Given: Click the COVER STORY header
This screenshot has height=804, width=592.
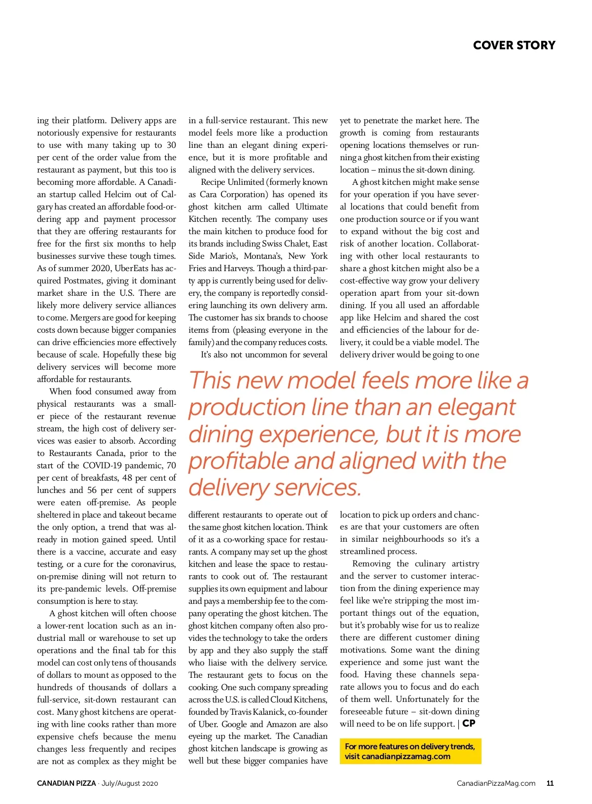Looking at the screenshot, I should (514, 45).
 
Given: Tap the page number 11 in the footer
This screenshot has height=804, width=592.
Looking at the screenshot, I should (550, 783).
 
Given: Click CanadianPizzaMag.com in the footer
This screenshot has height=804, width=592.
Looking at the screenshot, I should (496, 783).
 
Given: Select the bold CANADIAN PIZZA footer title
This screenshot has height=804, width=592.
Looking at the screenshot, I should (66, 783).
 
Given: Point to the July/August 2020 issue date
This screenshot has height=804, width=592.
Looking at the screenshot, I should (130, 783).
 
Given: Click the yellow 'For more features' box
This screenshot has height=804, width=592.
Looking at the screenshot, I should (410, 751).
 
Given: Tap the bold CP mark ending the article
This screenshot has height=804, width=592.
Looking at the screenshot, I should (469, 723).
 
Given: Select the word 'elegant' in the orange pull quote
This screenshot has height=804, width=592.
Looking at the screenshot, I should (476, 407).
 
